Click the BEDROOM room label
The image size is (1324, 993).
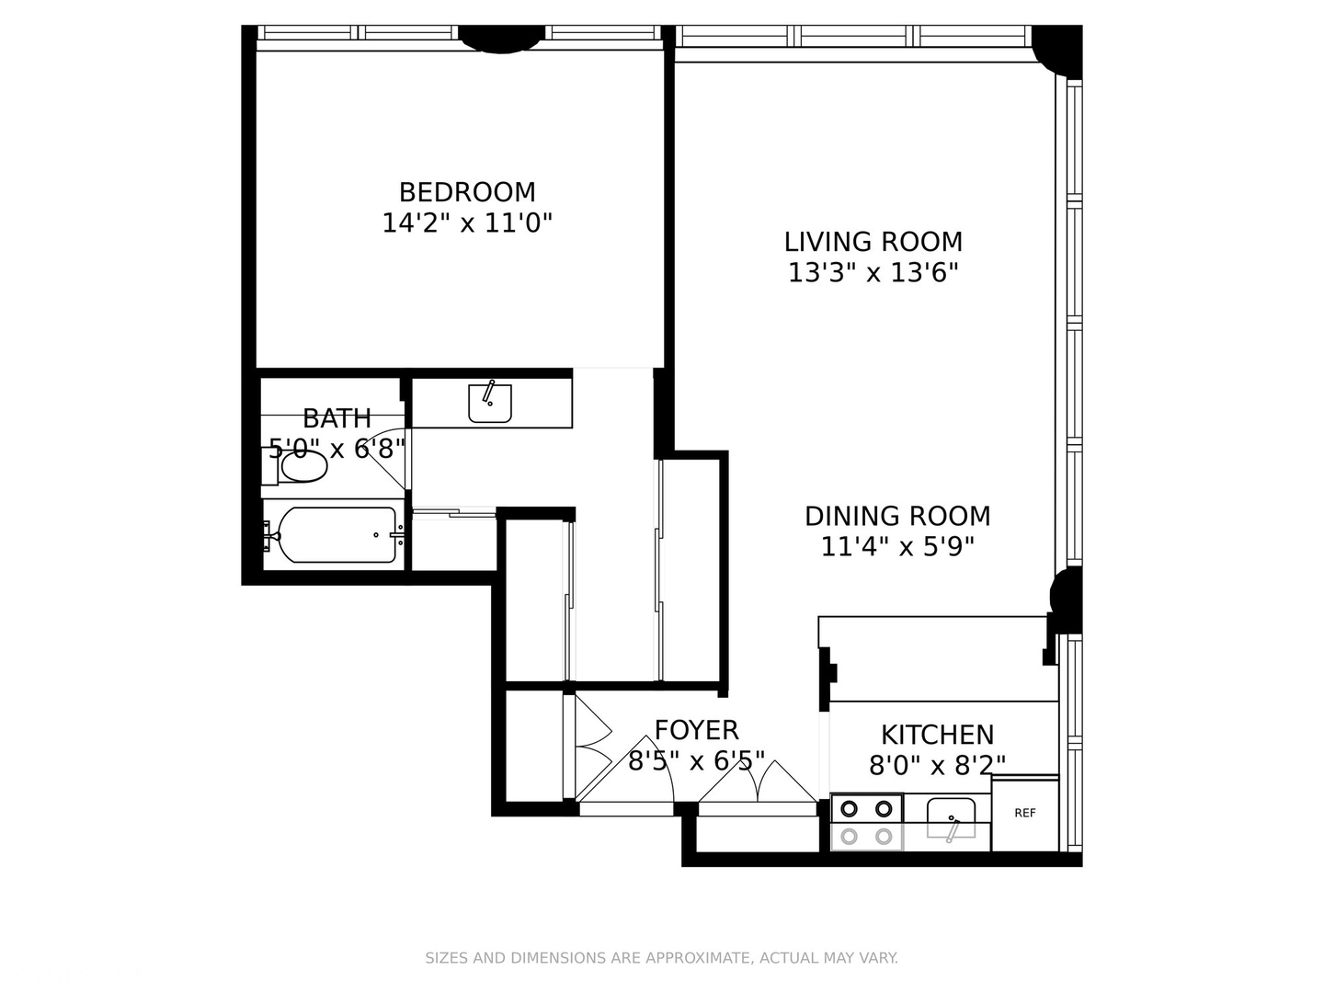(x=467, y=192)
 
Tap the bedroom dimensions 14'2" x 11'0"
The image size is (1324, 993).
(x=467, y=223)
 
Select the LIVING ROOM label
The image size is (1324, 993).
(x=873, y=242)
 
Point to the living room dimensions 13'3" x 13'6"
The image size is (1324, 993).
(x=873, y=273)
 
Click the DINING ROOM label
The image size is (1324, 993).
(x=897, y=516)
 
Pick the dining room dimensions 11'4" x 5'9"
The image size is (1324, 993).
(x=897, y=547)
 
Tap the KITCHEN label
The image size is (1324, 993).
(x=937, y=735)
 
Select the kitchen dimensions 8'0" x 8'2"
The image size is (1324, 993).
(x=937, y=765)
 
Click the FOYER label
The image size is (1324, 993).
(x=696, y=730)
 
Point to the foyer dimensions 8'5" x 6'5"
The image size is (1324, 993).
(x=696, y=761)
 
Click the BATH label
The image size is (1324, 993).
(x=337, y=418)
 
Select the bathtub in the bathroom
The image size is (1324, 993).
(x=337, y=535)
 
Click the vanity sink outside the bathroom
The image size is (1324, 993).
(x=489, y=403)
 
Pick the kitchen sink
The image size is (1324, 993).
(x=951, y=818)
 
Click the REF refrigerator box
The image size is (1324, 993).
(x=1024, y=814)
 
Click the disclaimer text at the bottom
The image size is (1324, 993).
(x=661, y=958)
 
